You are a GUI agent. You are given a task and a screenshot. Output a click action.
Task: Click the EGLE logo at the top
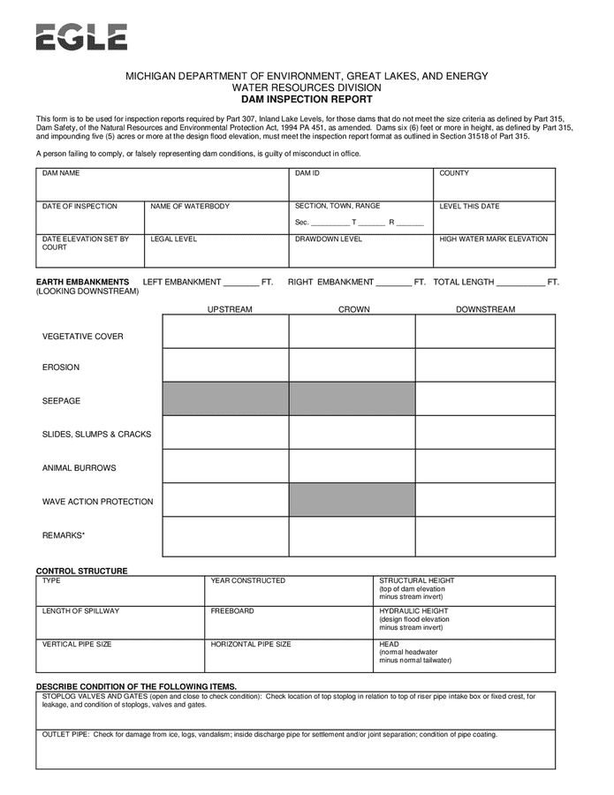(x=81, y=37)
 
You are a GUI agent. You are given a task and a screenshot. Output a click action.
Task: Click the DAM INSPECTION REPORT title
(x=307, y=100)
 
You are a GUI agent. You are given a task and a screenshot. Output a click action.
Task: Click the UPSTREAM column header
(x=230, y=309)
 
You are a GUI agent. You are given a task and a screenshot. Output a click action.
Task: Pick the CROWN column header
(x=354, y=309)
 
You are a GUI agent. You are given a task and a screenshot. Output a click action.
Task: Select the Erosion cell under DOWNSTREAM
(x=485, y=365)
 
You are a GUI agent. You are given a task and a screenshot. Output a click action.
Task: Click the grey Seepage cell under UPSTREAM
(x=225, y=398)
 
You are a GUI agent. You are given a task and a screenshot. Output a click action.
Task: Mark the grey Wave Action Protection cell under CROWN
(x=352, y=500)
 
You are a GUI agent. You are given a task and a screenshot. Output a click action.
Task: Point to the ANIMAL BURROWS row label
(x=80, y=468)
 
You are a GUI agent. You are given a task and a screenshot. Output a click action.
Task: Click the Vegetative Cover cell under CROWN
(x=352, y=331)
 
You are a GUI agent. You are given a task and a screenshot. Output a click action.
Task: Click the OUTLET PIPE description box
(x=295, y=752)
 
